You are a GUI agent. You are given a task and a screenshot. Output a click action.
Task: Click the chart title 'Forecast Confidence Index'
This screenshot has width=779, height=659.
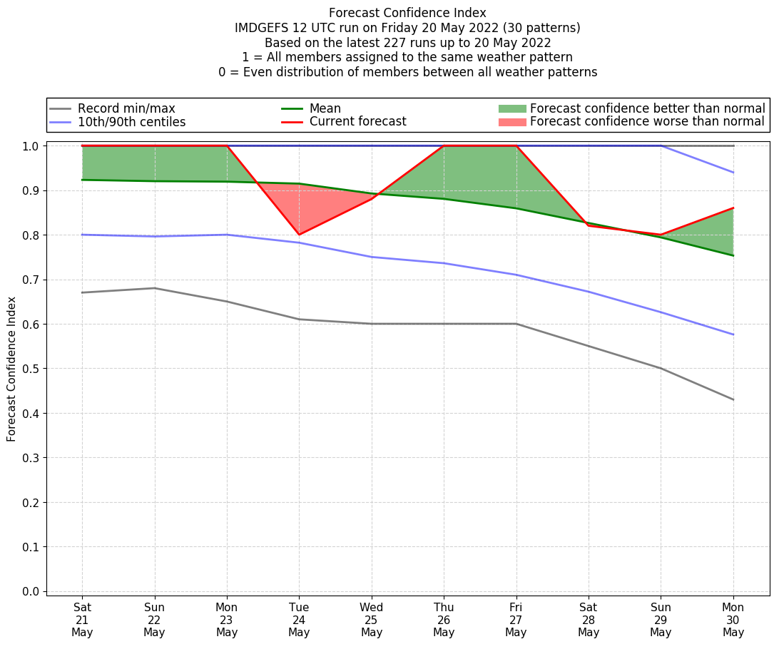[x=407, y=13]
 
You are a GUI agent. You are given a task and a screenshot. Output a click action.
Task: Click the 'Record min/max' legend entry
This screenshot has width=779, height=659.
[x=126, y=108]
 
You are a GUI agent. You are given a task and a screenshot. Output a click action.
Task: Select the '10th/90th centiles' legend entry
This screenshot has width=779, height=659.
[x=131, y=122]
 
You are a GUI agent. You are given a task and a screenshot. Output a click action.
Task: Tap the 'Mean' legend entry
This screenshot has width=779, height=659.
[x=325, y=108]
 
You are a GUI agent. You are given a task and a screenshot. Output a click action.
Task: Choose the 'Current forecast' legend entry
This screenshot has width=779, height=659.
[x=357, y=122]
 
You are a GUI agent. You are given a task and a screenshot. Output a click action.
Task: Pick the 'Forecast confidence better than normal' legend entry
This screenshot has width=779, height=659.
[x=647, y=108]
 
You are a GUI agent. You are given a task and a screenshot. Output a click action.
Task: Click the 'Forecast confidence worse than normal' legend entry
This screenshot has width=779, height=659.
[x=647, y=122]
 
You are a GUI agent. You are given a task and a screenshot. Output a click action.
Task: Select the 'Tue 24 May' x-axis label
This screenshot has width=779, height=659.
[x=299, y=619]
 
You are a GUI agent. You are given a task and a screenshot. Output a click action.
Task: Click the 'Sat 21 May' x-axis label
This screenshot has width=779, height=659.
[x=82, y=619]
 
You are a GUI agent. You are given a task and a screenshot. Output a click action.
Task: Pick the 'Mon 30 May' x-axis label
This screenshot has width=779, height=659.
[x=733, y=619]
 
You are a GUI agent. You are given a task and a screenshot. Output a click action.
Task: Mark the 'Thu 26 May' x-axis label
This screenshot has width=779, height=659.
[x=444, y=619]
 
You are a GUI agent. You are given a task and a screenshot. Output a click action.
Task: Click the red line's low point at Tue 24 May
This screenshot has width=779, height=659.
[x=299, y=235]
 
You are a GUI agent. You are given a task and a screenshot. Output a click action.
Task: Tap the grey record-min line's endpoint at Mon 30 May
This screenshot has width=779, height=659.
[x=733, y=399]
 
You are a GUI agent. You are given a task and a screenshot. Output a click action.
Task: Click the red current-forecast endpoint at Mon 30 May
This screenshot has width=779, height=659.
[x=733, y=208]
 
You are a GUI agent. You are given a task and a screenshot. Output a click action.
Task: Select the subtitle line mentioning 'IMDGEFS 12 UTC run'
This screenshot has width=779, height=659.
[x=407, y=28]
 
